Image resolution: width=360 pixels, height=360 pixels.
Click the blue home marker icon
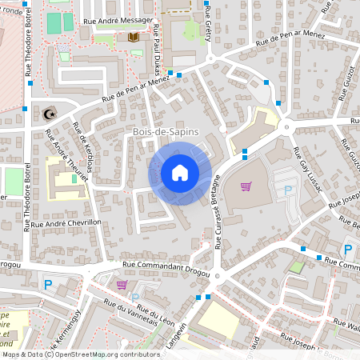point(179,172)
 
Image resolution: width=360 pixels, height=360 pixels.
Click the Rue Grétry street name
point(210,34)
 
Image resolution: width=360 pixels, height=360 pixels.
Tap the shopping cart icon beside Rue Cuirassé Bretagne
point(246,186)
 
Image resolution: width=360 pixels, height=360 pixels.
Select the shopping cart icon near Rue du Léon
point(121,284)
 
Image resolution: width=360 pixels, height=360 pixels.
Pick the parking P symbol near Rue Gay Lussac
point(289,190)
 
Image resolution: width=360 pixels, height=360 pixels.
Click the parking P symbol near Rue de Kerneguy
point(48,283)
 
